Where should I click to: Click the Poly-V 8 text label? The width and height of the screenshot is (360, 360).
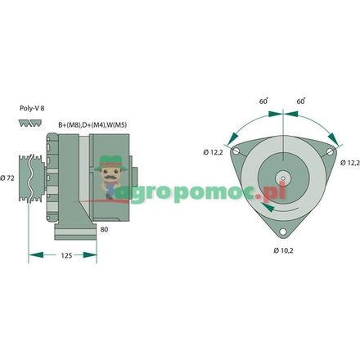coord(31,107)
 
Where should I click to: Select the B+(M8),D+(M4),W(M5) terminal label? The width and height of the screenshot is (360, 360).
coord(92,124)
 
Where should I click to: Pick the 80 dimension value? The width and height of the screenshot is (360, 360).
coord(104,230)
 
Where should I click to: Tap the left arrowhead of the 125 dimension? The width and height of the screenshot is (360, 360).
coord(34,254)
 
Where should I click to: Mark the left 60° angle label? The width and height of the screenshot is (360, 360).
coord(263,101)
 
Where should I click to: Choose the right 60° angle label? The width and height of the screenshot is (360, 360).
coord(301,101)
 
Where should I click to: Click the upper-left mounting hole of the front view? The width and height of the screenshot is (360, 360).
coord(236,152)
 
